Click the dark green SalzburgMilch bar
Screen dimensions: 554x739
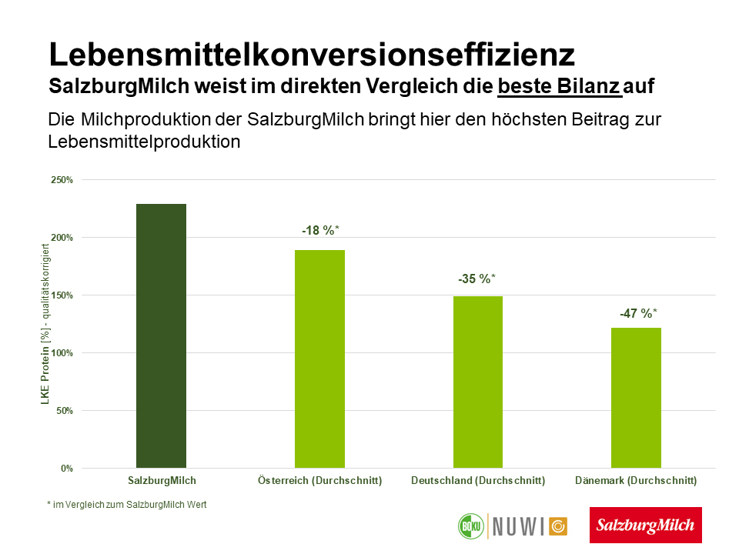[x=161, y=335]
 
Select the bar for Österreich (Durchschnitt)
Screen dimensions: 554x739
[x=319, y=359]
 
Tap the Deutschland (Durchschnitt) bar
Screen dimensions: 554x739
[x=478, y=382]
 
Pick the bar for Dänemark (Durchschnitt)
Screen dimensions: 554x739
[x=636, y=398]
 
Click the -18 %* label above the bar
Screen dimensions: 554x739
[x=320, y=230]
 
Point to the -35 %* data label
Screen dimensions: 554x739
[x=477, y=279]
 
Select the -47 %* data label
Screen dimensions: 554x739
[x=638, y=313]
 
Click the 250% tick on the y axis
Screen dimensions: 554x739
[x=62, y=180]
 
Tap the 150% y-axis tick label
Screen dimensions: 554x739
[x=62, y=295]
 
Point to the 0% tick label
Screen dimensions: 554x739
[x=67, y=469]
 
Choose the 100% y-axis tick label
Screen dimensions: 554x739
[x=62, y=353]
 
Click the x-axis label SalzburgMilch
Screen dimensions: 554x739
[x=162, y=481]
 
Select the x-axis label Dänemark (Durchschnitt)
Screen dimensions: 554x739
[x=636, y=481]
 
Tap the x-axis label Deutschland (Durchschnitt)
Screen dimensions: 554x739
[x=478, y=481]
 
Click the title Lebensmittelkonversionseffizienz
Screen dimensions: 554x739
[x=311, y=55]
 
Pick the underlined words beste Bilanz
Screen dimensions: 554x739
[x=559, y=85]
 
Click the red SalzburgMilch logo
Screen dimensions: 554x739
[x=646, y=525]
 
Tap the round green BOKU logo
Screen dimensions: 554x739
[x=469, y=526]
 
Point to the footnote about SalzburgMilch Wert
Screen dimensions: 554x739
[x=126, y=505]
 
